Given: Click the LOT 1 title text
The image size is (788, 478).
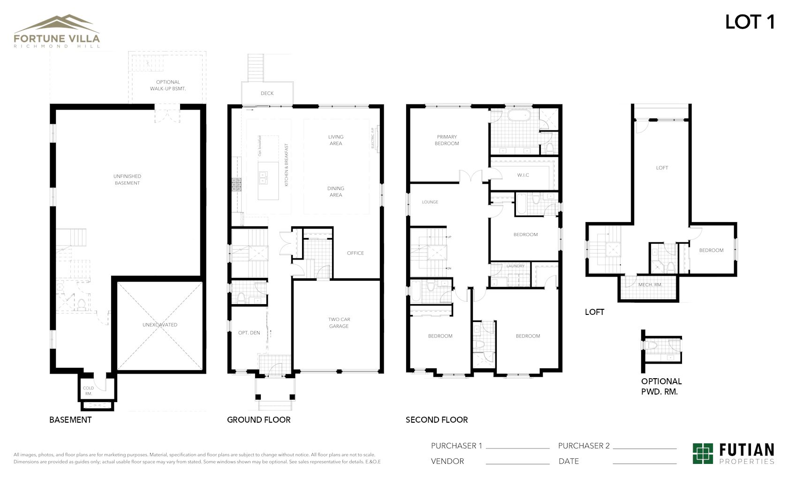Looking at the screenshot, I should pos(750,22).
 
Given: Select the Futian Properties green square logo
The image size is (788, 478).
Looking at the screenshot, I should pos(703,453).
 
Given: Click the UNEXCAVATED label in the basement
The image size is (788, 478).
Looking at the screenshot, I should pos(160,325).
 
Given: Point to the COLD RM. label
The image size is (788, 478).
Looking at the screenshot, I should pos(88,391).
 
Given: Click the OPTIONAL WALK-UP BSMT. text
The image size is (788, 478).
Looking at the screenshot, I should pos(168,85).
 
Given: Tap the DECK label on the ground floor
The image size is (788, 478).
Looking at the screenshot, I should pos(267,93).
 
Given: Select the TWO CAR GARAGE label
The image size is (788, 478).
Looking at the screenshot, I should pos(339,323).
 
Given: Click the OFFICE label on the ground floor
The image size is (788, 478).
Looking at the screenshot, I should pos(356,253).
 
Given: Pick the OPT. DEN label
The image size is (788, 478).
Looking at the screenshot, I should pos(249,333).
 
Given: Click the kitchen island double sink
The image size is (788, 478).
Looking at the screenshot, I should pos(263,177).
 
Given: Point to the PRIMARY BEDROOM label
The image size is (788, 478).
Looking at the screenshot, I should pos(447,140).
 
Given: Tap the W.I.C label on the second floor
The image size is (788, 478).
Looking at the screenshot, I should pos(523,175).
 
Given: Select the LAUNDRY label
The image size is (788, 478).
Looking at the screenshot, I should pos(515,266).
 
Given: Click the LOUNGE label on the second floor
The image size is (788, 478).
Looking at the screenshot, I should pos(430,202).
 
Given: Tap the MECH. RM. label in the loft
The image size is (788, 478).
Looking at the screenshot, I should pos(650,285).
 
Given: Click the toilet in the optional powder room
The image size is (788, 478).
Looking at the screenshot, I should pos(652,345).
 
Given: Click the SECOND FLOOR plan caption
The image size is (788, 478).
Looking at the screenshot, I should pos(437,420).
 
